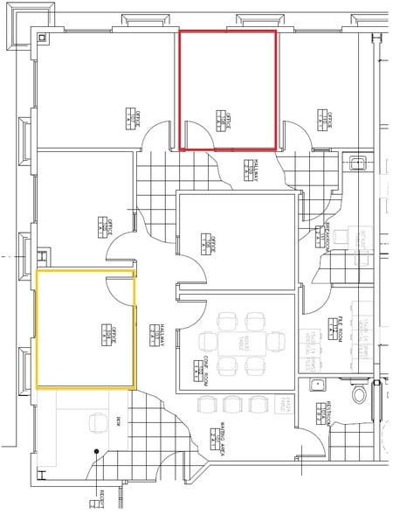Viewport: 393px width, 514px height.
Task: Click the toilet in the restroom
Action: point(358,395)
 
